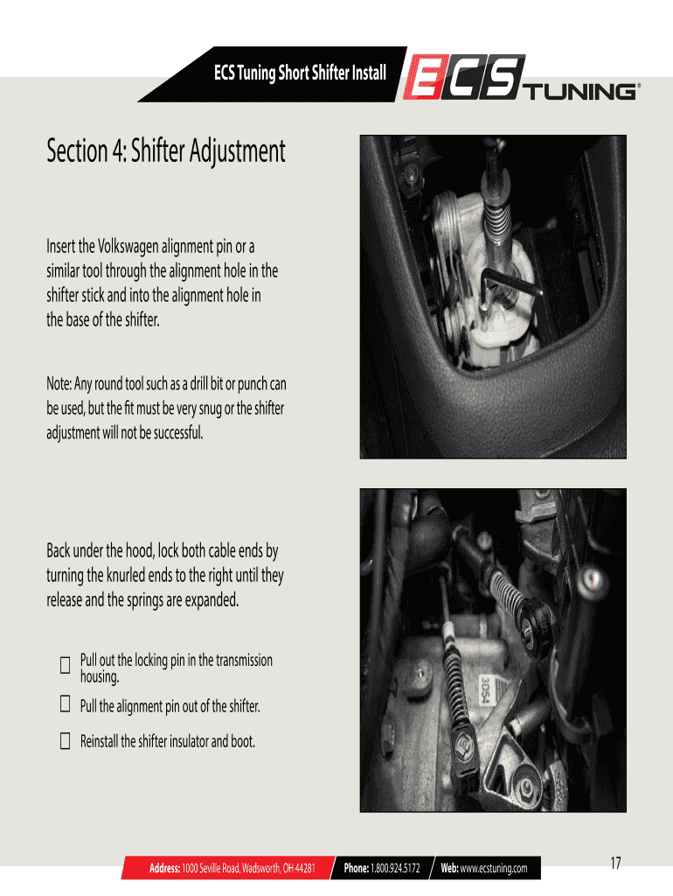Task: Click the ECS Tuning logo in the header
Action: [522, 78]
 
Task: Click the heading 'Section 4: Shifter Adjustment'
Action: [165, 151]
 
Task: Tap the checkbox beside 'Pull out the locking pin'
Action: [65, 665]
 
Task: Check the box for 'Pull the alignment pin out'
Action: [65, 704]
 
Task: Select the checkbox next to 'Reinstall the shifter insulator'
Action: [65, 741]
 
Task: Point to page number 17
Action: [615, 863]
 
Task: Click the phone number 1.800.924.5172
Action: [395, 868]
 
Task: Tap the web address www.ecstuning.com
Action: [494, 869]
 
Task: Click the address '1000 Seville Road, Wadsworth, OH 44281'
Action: [248, 868]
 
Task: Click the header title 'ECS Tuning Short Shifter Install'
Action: [301, 73]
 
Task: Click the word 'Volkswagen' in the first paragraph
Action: [128, 246]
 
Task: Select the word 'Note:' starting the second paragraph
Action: [59, 383]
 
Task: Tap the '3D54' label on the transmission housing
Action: [486, 691]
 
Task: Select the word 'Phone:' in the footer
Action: [357, 868]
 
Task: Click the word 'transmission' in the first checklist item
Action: [244, 661]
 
